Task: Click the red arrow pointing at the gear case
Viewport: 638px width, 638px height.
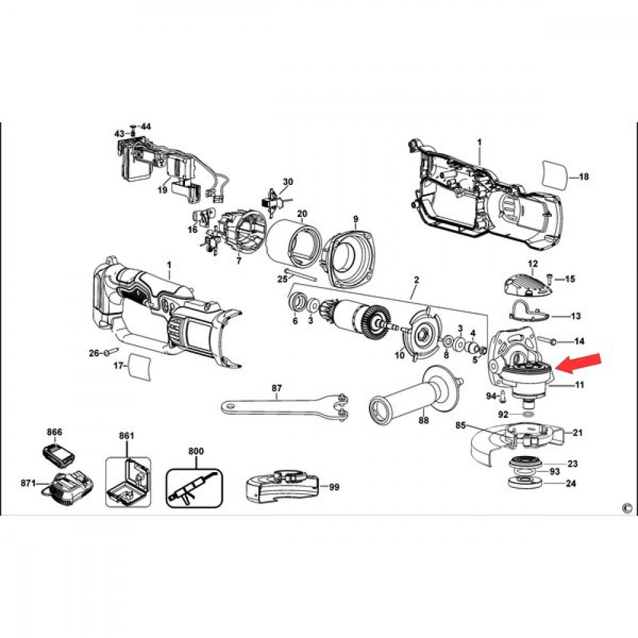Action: (x=578, y=363)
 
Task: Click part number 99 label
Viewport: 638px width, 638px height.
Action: (x=334, y=487)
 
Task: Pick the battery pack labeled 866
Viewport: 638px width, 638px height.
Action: (x=58, y=453)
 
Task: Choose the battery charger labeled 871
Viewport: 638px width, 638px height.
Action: (x=67, y=487)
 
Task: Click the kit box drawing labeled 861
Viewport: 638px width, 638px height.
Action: (x=128, y=482)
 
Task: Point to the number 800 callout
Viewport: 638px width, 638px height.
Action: (x=196, y=451)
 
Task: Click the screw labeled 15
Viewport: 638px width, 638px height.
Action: (x=550, y=279)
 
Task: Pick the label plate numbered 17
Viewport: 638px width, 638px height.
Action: (x=140, y=367)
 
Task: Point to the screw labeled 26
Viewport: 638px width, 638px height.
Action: (x=110, y=351)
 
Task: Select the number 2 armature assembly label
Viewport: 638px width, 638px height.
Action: (x=416, y=280)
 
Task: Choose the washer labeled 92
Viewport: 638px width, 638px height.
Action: (x=528, y=414)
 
